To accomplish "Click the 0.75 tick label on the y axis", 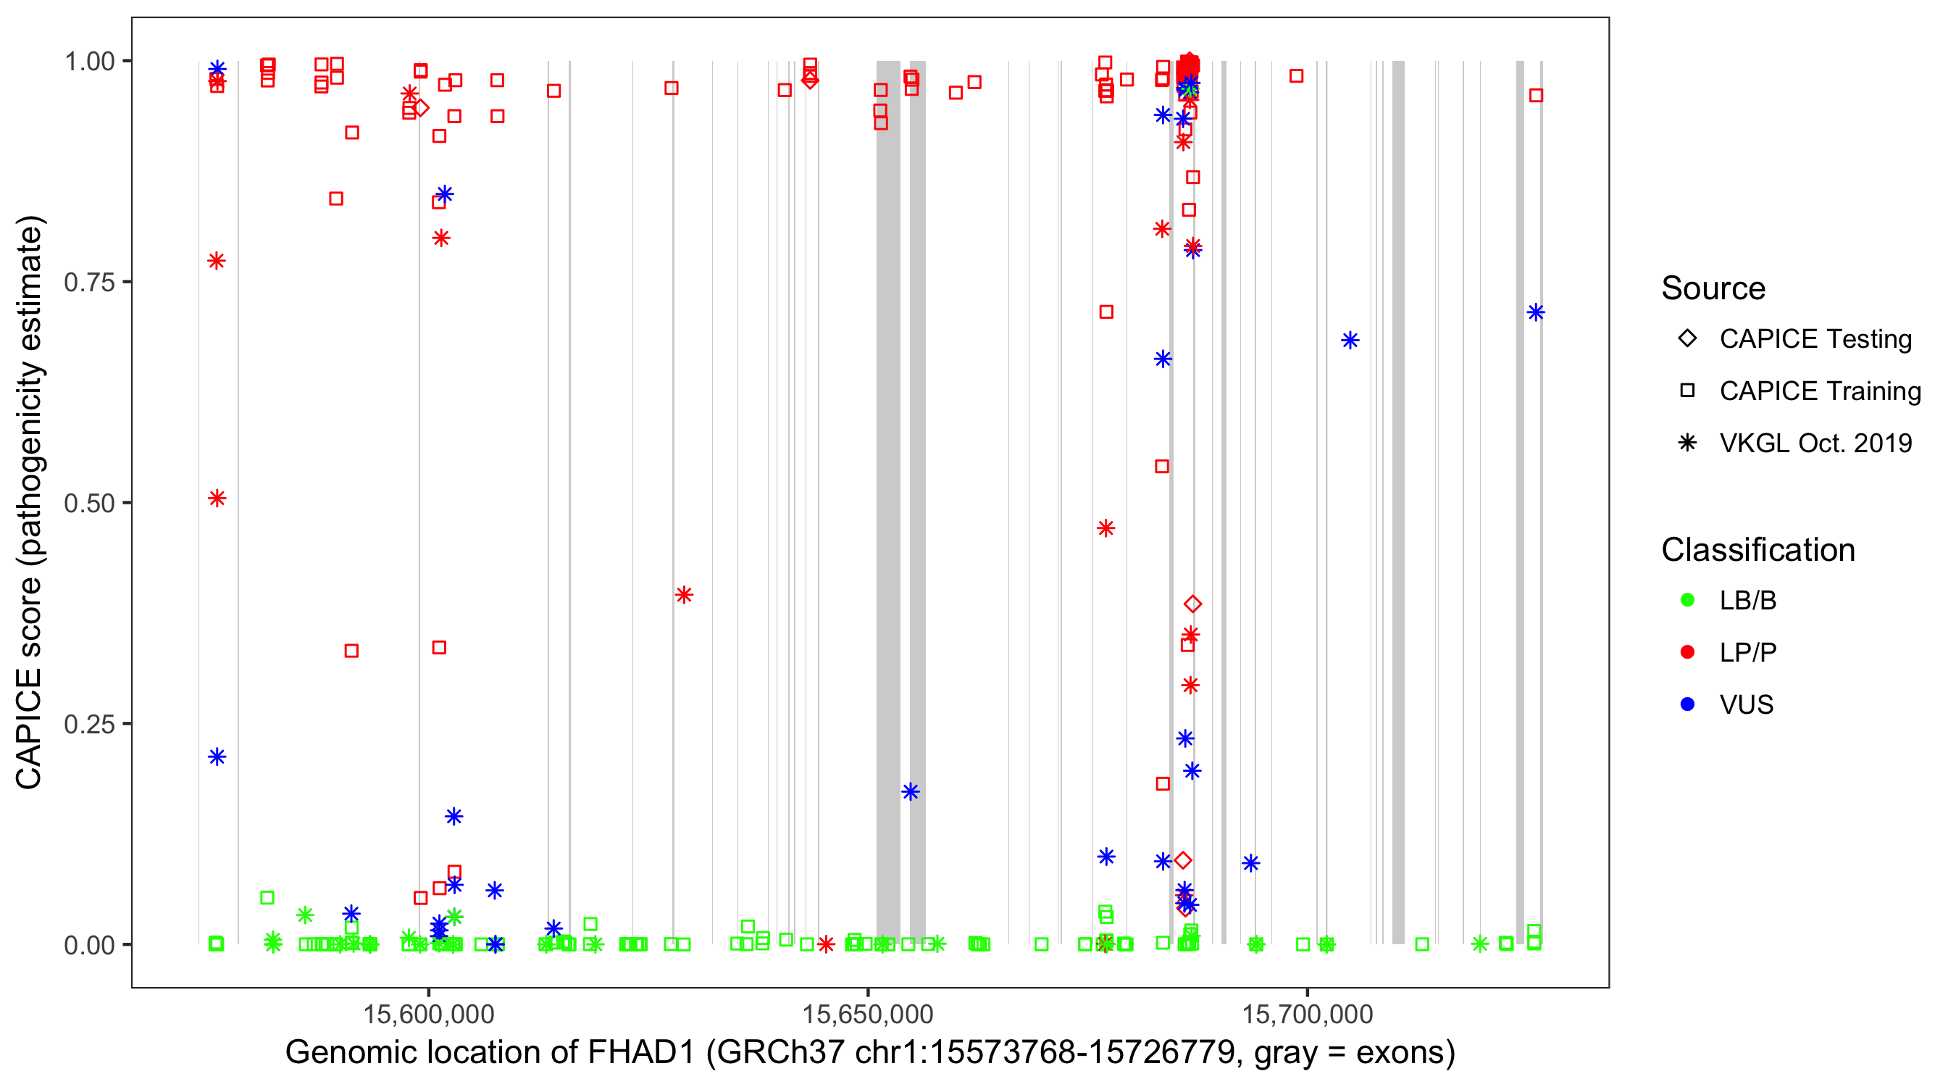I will [88, 282].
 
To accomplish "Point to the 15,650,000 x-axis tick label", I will [868, 1014].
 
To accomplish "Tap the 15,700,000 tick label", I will [1307, 1014].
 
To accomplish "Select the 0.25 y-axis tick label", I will [88, 724].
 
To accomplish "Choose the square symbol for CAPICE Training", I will [1687, 391].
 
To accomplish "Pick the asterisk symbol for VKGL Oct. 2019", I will [1687, 443].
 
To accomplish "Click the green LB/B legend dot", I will [1687, 600].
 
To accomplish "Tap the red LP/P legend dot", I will [1687, 652].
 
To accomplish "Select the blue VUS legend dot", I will [1687, 704].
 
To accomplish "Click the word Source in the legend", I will [1713, 288].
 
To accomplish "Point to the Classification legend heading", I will [1758, 550].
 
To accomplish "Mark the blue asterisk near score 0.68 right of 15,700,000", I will [1350, 341].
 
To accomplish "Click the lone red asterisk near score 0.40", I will [683, 595].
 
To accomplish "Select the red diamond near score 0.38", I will [1193, 604].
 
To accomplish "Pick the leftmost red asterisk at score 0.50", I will [217, 499].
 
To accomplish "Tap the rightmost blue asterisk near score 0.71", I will [1535, 312].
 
